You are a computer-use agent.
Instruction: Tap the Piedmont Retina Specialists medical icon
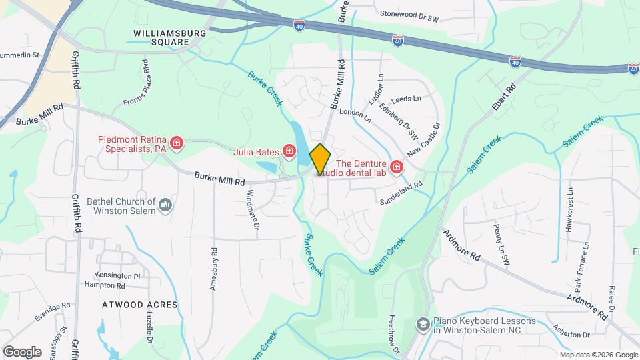pos(176,143)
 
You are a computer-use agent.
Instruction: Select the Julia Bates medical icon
pos(289,151)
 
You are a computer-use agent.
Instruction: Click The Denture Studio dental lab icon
pos(397,167)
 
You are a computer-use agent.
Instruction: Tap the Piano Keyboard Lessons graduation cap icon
pos(423,325)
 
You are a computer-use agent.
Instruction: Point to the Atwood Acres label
pos(140,305)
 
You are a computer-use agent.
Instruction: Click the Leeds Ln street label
pos(407,99)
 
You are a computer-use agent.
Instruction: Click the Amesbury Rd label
pos(214,269)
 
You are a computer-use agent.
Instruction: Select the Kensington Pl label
pos(117,275)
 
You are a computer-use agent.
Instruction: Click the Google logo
pos(22,351)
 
